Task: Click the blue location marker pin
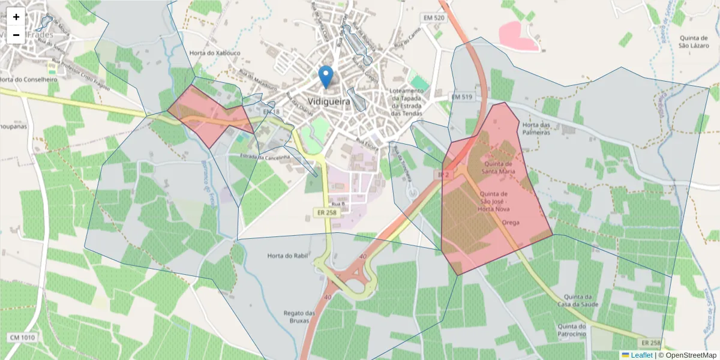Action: click(326, 77)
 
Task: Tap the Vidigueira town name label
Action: click(328, 102)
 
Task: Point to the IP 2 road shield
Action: click(444, 174)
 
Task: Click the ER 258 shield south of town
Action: click(326, 212)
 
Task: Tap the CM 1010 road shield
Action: click(22, 338)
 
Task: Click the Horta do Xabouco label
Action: click(215, 53)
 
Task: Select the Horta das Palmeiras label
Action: click(536, 128)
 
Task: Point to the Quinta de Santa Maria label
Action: click(499, 167)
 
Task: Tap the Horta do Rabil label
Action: click(287, 256)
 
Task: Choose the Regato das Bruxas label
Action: click(299, 317)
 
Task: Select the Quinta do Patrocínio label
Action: click(571, 330)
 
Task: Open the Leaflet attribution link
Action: click(641, 355)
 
